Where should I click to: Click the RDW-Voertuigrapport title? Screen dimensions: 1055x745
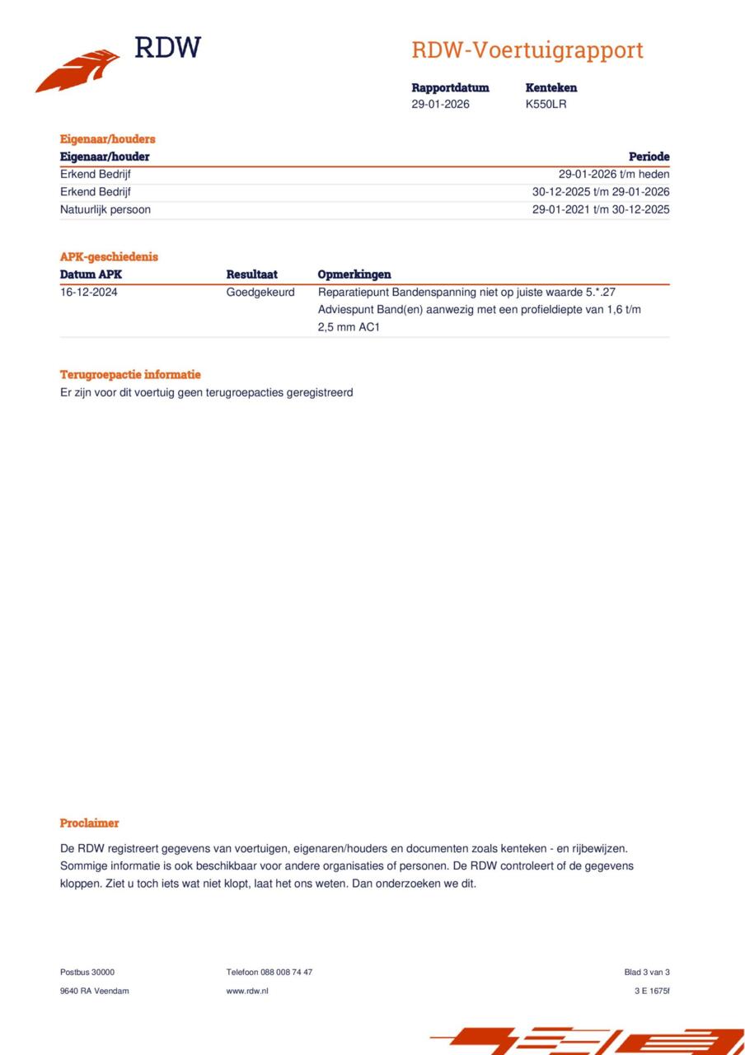tap(527, 50)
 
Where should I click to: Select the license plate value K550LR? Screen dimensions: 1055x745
tap(546, 104)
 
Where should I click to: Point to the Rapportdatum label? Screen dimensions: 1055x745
tap(450, 87)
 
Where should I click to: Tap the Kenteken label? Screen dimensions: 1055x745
tap(551, 87)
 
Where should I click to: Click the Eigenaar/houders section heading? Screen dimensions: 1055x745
tap(108, 138)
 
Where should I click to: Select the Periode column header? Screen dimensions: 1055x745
tap(649, 157)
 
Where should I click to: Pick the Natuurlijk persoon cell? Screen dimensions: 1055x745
tap(105, 209)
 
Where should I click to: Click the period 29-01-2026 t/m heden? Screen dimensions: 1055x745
tap(614, 175)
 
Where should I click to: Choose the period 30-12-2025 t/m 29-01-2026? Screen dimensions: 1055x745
tap(601, 192)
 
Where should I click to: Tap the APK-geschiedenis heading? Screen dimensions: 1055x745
tap(109, 256)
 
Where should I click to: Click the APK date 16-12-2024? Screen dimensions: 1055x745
tap(89, 292)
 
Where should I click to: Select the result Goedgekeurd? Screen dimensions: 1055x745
tap(260, 292)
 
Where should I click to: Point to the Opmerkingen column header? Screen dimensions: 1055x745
tap(354, 274)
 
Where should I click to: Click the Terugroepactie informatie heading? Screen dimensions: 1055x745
tap(130, 374)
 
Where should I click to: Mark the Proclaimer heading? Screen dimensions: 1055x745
tap(90, 823)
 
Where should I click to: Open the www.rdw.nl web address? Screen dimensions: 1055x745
tap(247, 991)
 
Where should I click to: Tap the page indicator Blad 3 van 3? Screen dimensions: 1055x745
tap(647, 973)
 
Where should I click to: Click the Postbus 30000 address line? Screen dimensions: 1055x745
tap(87, 973)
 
